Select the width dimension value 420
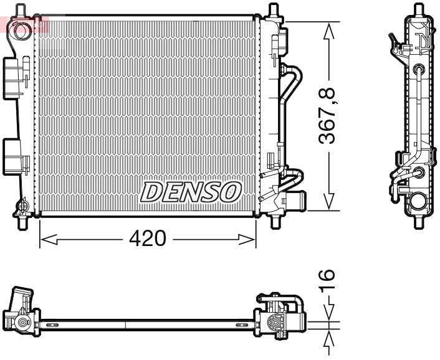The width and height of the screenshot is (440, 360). click(147, 239)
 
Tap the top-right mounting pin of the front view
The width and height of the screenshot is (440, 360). click(272, 11)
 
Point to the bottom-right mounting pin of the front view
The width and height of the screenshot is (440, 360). click(274, 220)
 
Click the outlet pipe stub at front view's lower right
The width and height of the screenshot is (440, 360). click(297, 201)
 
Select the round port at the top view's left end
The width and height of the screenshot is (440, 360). click(23, 323)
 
